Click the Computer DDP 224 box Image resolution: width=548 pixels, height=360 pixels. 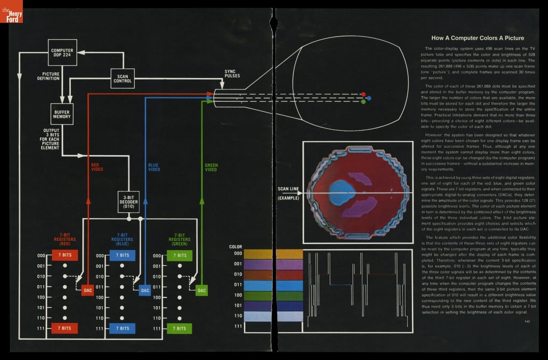(62, 53)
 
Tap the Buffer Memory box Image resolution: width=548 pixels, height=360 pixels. (62, 114)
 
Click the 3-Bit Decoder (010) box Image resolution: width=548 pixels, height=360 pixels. (128, 202)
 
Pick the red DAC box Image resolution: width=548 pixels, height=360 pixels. (88, 290)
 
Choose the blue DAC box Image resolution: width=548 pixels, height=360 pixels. (145, 290)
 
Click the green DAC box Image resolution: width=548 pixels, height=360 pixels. (202, 290)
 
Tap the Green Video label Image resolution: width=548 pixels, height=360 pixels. (211, 167)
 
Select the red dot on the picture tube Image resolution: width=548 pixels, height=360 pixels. (363, 94)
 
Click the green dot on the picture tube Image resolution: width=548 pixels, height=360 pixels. (363, 102)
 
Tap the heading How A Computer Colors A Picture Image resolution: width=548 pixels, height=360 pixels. (478, 38)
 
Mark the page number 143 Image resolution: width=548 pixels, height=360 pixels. (527, 322)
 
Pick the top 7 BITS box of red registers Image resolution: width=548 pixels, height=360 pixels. (65, 256)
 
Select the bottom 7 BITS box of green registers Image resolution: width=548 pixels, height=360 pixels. (179, 328)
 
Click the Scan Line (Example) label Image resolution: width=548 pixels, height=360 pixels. (288, 193)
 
